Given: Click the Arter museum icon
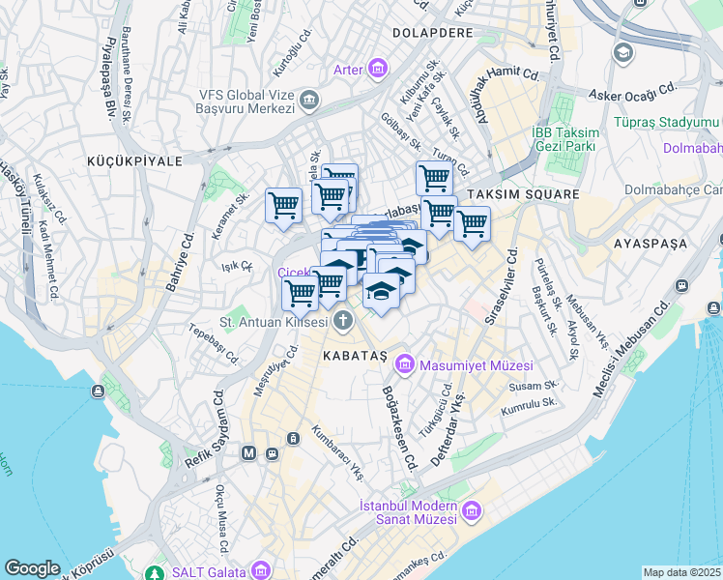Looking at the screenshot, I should coord(376,68).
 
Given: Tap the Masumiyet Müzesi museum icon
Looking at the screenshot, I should coord(404,364).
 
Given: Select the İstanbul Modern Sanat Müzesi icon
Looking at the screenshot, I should coord(472,510).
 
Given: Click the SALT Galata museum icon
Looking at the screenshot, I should coord(258,569).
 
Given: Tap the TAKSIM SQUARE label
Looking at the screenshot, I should coord(522,194).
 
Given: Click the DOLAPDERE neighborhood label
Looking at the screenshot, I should coord(431,32).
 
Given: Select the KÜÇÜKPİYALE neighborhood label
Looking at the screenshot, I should coord(133,161).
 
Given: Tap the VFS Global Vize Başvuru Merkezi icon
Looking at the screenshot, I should coord(309,99).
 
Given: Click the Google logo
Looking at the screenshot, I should coord(32,567).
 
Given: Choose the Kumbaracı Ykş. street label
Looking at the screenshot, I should coord(342,447).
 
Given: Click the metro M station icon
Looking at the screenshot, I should coord(248,452).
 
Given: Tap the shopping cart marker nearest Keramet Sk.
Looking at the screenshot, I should coord(283,205).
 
